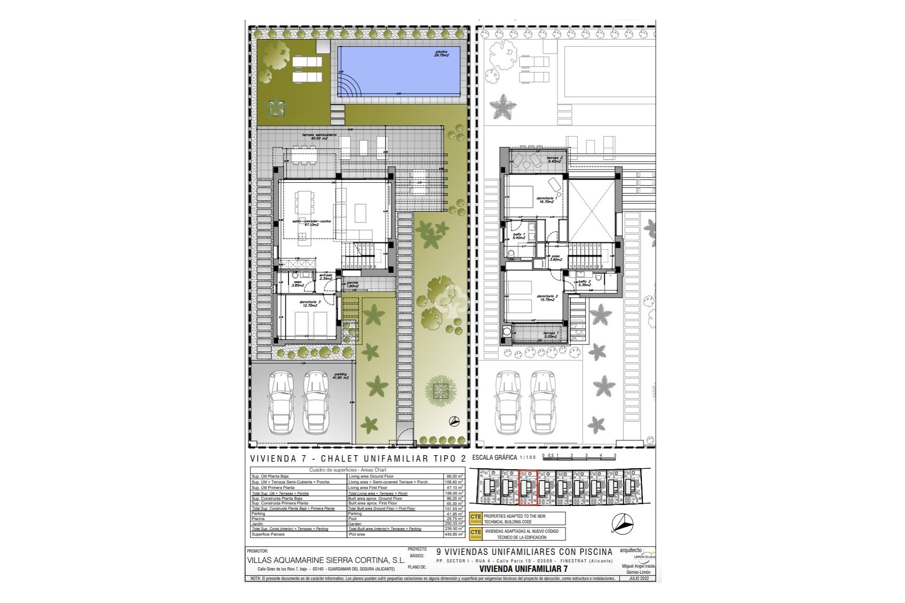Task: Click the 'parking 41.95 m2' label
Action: click(x=339, y=376)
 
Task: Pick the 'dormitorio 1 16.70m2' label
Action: click(x=547, y=201)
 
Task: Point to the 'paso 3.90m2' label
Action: click(x=556, y=258)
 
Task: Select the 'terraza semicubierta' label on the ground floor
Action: click(x=319, y=137)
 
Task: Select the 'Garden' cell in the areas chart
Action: click(x=354, y=524)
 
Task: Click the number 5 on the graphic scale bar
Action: click(x=615, y=456)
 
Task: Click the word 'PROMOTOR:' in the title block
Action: click(x=257, y=551)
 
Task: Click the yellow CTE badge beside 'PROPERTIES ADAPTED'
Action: click(x=476, y=518)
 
